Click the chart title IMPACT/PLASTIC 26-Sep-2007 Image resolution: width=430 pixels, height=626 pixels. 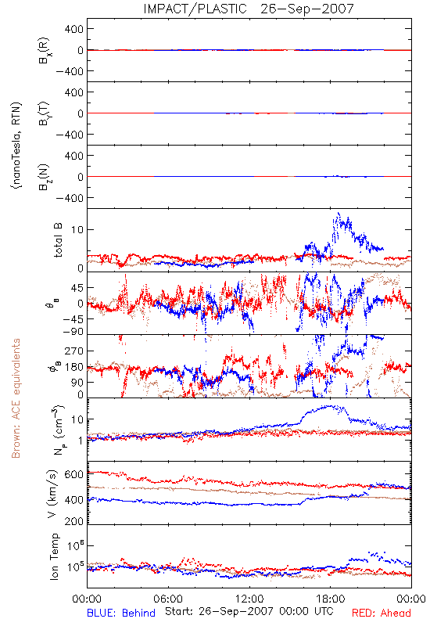(248, 9)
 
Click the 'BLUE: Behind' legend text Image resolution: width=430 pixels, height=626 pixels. (121, 613)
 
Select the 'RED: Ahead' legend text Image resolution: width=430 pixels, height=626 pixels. (381, 613)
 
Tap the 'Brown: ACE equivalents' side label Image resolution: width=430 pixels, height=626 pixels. (16, 398)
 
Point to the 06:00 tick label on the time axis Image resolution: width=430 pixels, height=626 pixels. (168, 599)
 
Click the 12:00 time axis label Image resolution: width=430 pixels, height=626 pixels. (249, 599)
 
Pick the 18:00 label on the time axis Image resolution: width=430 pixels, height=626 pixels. (331, 599)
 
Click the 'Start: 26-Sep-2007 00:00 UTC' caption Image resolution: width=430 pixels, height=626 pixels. (249, 611)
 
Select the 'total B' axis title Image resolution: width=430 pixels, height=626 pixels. (58, 240)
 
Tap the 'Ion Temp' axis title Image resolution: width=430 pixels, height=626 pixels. (54, 556)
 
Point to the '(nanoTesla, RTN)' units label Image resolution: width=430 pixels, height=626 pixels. (16, 146)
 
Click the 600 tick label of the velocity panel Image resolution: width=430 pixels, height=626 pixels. (74, 474)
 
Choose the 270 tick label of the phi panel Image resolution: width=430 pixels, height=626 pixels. (74, 351)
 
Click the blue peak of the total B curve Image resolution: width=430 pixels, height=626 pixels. (339, 213)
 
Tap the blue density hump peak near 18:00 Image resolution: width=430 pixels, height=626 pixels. (330, 406)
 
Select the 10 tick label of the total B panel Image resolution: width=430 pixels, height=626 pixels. (77, 229)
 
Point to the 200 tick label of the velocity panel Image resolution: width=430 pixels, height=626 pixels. (74, 521)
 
